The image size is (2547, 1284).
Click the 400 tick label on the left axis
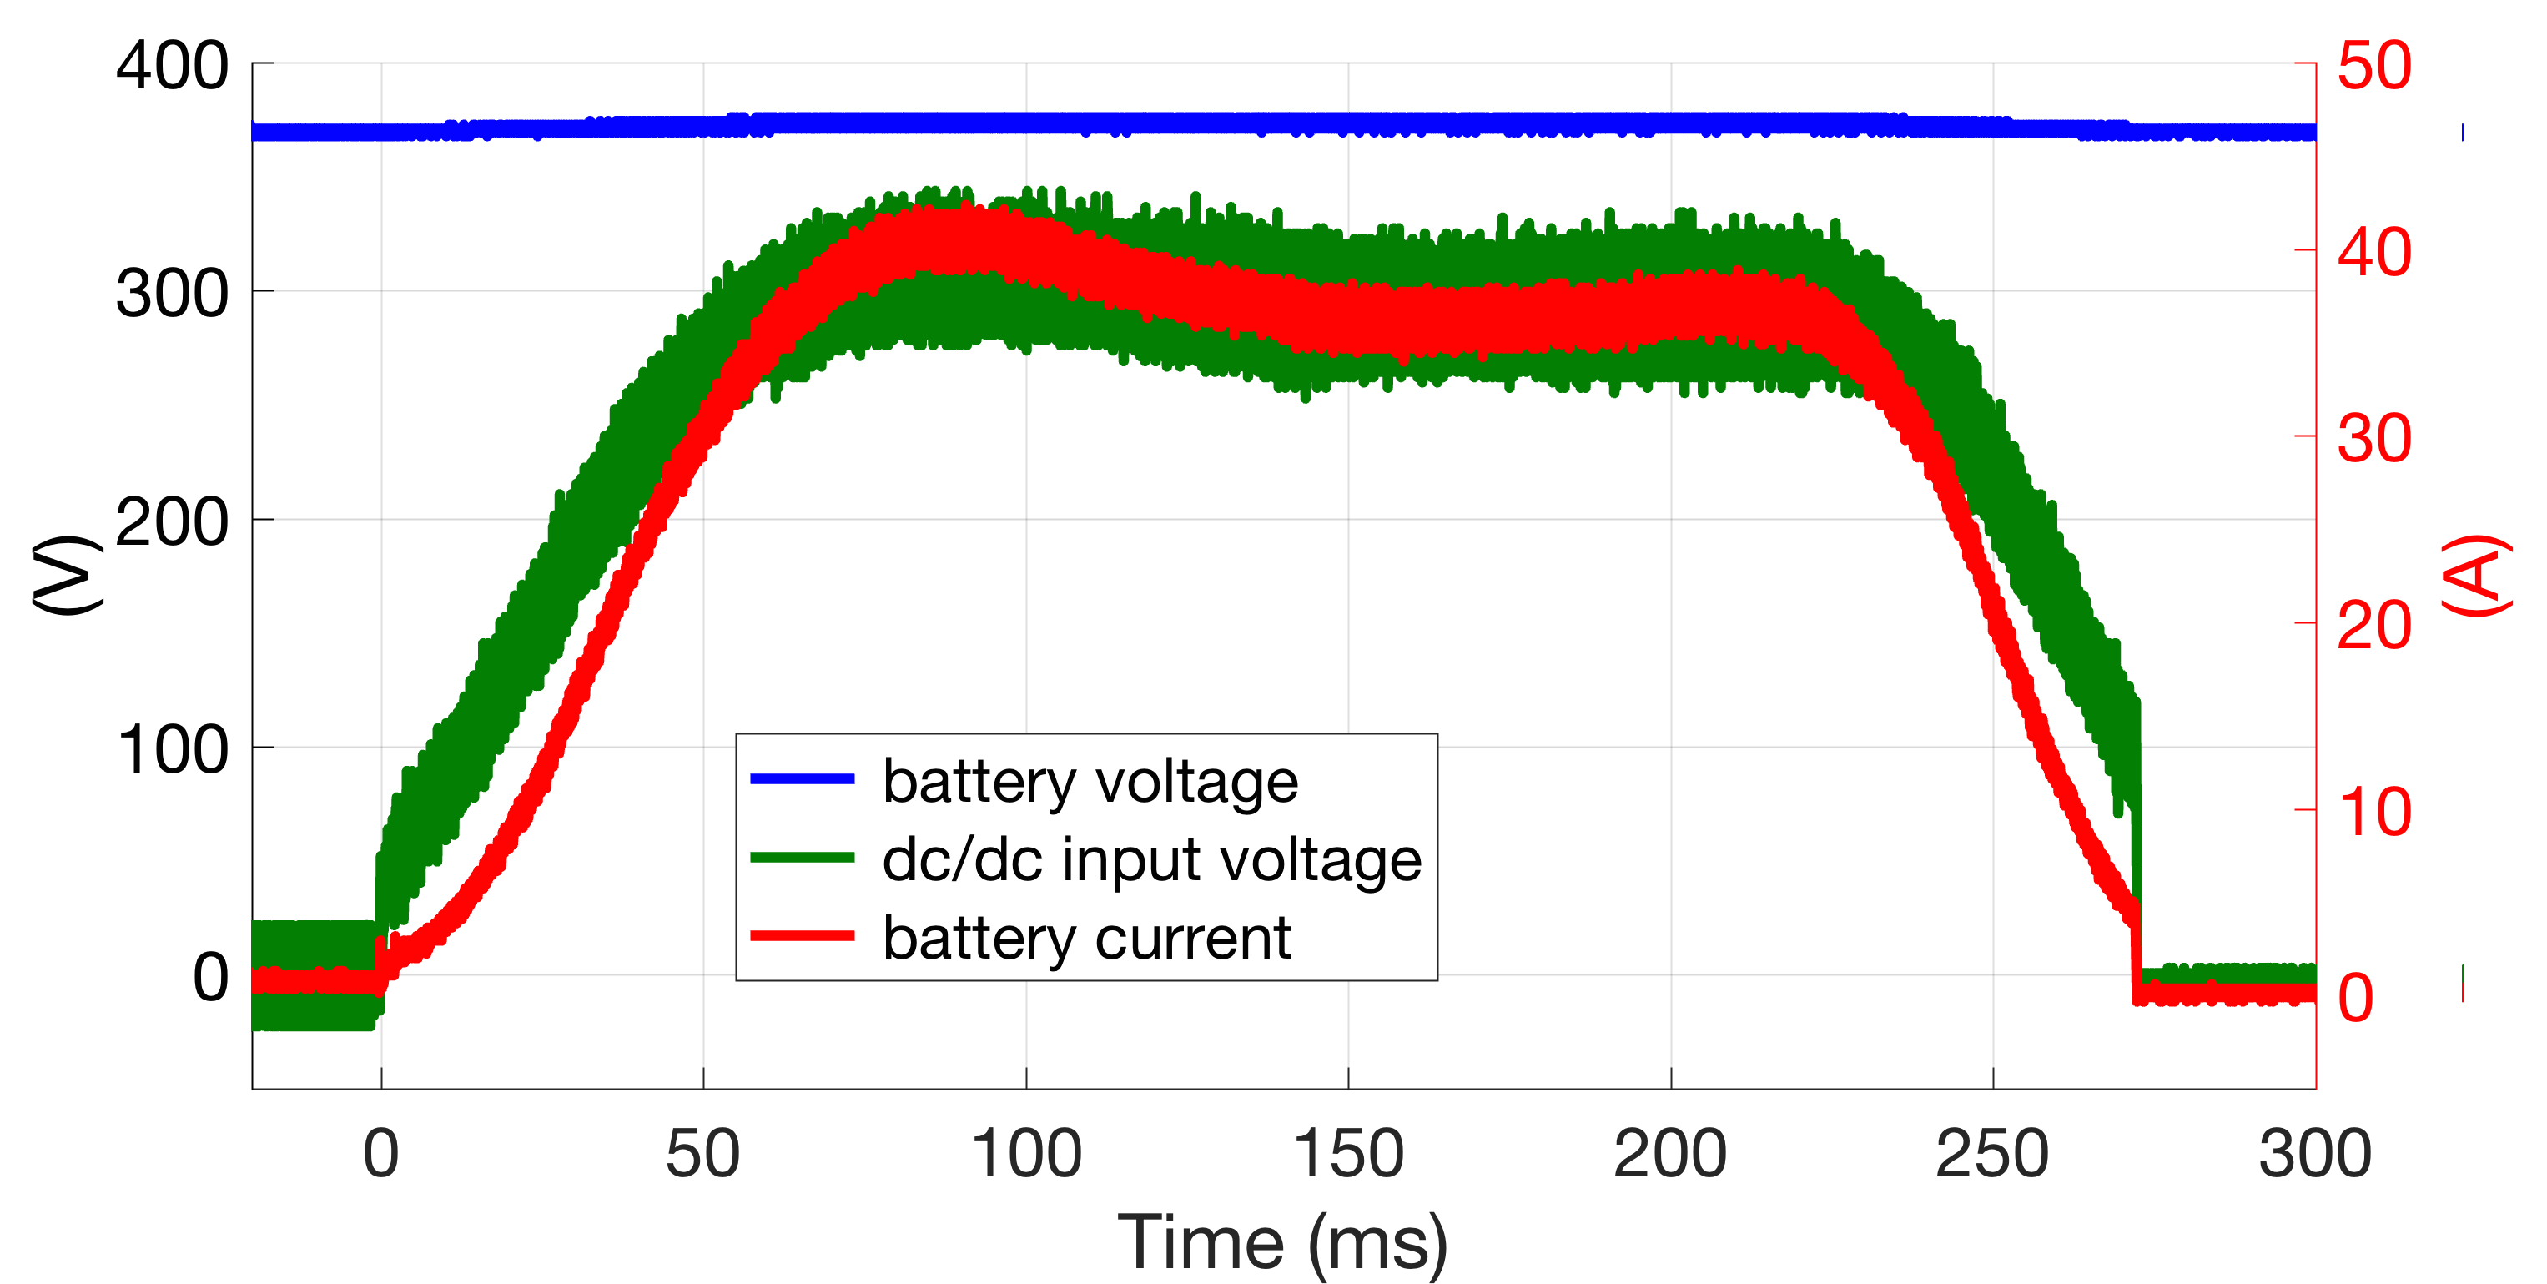click(x=172, y=68)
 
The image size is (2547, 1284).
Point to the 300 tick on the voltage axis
click(x=172, y=295)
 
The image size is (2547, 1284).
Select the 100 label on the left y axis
click(x=172, y=750)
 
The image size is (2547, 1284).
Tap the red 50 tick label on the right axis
click(x=2374, y=68)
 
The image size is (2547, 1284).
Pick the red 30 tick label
click(x=2374, y=439)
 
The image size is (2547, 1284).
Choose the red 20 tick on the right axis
click(x=2374, y=626)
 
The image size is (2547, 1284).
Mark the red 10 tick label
click(x=2374, y=813)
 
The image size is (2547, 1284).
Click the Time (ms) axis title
click(x=1282, y=1242)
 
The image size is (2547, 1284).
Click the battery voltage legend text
click(x=1090, y=781)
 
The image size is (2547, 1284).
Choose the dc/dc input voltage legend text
click(x=1151, y=859)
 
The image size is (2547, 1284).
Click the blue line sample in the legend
click(x=802, y=779)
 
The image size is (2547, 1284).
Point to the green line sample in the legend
click(x=802, y=857)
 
